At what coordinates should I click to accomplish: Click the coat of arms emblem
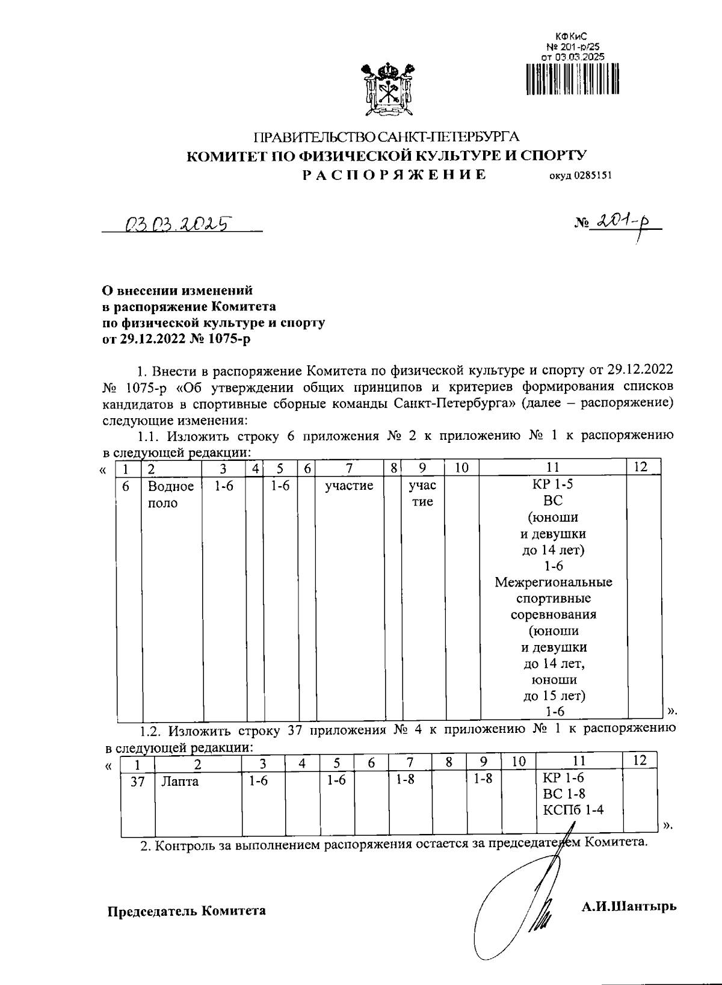click(x=387, y=91)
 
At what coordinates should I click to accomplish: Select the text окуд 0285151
click(x=579, y=176)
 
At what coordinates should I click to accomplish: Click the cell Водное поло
click(x=171, y=494)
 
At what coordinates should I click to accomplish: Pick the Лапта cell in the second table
click(x=179, y=782)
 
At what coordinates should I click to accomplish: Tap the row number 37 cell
click(x=138, y=782)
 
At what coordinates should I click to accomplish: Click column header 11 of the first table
click(x=553, y=467)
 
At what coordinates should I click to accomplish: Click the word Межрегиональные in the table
click(x=553, y=582)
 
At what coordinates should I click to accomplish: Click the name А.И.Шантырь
click(x=628, y=906)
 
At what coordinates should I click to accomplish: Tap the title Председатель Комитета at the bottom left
click(x=187, y=910)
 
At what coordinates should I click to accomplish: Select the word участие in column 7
click(x=349, y=486)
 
